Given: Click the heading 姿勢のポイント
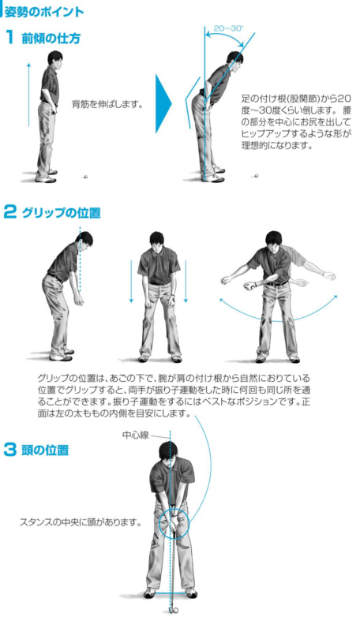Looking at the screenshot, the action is (x=43, y=12).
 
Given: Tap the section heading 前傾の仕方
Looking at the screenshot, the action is (x=51, y=39).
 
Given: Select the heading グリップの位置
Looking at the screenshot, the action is (x=61, y=212).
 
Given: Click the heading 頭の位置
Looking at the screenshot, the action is (x=45, y=450).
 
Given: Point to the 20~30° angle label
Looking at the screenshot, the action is (x=229, y=28).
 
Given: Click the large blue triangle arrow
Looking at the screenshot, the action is (x=163, y=104).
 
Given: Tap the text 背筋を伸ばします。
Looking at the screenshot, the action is (x=107, y=105).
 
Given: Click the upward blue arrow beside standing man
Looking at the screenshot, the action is (x=29, y=95).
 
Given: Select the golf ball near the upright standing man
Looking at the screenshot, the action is (x=85, y=176).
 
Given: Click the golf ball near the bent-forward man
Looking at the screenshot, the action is (x=256, y=174).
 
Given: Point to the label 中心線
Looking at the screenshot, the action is (x=136, y=435).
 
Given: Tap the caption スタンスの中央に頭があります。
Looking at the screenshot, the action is (x=81, y=522).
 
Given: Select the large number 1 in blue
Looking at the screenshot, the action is (x=10, y=38).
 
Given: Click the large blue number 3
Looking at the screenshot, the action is (x=10, y=450).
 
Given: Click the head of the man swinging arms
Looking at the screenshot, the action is (x=274, y=240).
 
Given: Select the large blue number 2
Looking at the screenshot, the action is (x=10, y=212).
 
